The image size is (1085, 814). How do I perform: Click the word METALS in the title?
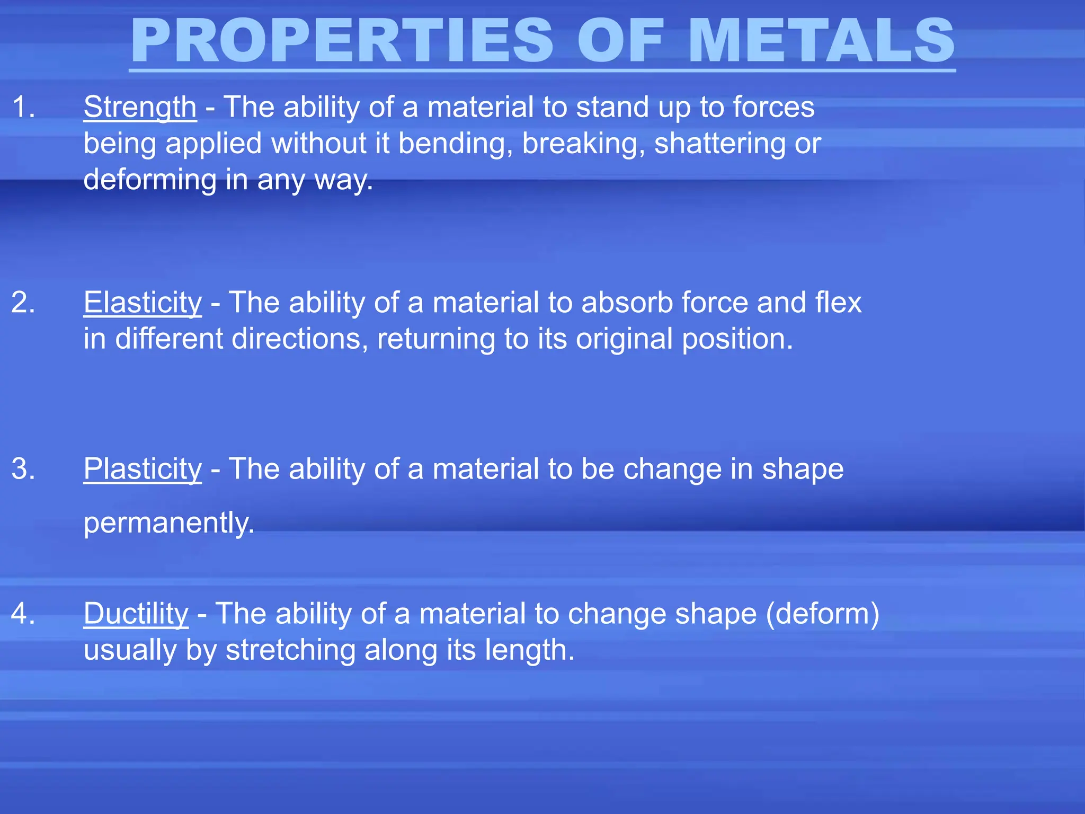[821, 40]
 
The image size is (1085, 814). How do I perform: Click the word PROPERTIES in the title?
[342, 40]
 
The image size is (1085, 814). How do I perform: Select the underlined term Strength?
[140, 107]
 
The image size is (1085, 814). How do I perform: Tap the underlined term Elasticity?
[143, 303]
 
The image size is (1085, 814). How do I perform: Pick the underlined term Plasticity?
[143, 469]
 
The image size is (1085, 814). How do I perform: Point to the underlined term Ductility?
[136, 614]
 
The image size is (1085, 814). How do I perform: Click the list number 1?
[23, 107]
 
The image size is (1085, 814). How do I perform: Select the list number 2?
[23, 303]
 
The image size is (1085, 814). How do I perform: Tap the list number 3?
[23, 469]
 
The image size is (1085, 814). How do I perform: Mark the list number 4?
[23, 614]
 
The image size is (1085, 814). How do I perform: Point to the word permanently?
[169, 523]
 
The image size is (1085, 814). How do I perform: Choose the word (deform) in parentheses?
[822, 614]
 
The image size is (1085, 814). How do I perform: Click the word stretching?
[290, 650]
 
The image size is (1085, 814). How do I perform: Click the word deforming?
[150, 180]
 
